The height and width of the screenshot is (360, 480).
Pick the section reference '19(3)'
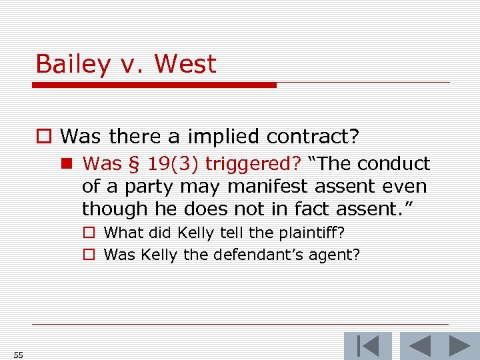pyautogui.click(x=163, y=164)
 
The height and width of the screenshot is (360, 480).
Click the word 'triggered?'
pyautogui.click(x=253, y=164)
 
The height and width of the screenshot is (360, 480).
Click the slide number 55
pyautogui.click(x=18, y=355)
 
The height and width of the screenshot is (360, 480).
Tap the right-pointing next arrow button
pyautogui.click(x=460, y=346)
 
